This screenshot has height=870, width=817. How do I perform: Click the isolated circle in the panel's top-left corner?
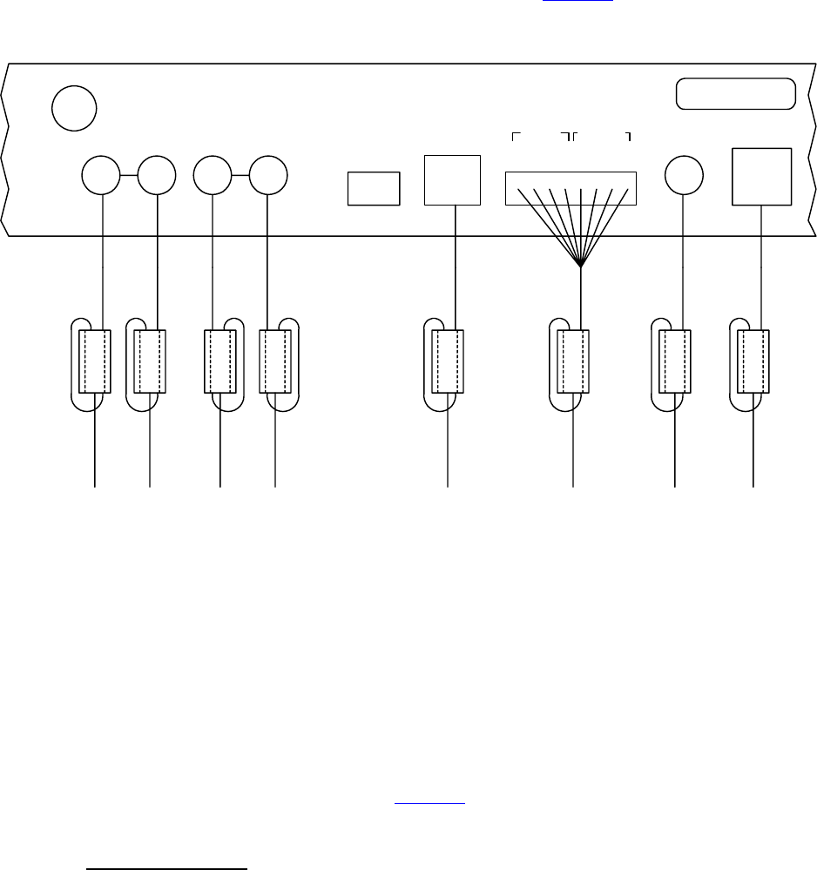pyautogui.click(x=73, y=107)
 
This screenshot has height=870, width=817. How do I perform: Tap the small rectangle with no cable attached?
pyautogui.click(x=374, y=188)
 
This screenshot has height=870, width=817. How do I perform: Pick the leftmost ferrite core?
pyautogui.click(x=95, y=361)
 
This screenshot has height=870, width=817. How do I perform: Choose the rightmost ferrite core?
pyautogui.click(x=753, y=361)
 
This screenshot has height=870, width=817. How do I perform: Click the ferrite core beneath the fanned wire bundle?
pyautogui.click(x=573, y=361)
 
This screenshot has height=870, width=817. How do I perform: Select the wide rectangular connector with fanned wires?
pyautogui.click(x=571, y=188)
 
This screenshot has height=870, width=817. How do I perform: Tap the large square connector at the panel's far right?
pyautogui.click(x=762, y=177)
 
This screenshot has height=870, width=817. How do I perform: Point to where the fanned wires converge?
pyautogui.click(x=581, y=266)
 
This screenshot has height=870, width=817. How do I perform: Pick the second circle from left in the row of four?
pyautogui.click(x=158, y=176)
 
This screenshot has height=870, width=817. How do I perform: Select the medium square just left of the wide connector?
pyautogui.click(x=453, y=180)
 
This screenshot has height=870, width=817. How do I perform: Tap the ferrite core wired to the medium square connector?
pyautogui.click(x=448, y=361)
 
